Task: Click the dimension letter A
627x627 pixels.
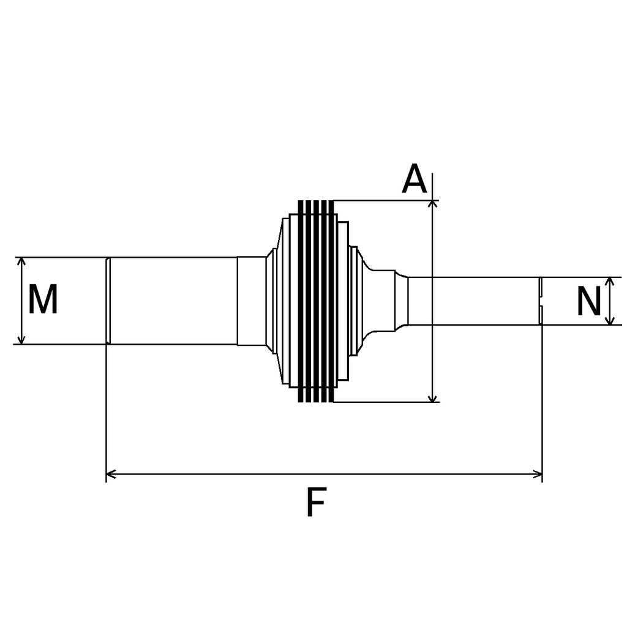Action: click(414, 179)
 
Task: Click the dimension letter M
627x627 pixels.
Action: click(43, 300)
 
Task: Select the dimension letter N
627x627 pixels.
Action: click(589, 302)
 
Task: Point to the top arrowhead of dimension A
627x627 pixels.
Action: click(433, 204)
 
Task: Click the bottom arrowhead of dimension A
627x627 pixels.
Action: click(433, 398)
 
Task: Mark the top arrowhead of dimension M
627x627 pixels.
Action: click(22, 261)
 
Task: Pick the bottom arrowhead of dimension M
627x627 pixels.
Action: click(22, 340)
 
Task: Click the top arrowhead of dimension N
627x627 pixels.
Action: click(609, 280)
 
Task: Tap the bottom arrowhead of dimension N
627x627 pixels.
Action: click(609, 321)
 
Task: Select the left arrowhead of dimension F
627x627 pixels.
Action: click(111, 473)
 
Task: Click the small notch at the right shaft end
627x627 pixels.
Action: click(541, 301)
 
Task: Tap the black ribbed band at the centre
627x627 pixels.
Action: click(316, 301)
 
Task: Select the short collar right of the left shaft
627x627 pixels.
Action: click(251, 301)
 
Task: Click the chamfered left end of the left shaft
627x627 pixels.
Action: click(108, 301)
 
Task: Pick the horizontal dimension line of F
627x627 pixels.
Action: click(325, 473)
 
